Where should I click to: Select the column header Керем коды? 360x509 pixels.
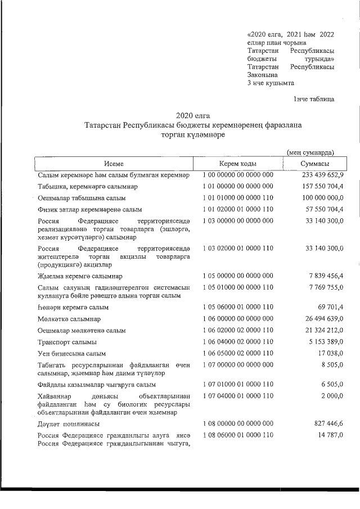click(238, 163)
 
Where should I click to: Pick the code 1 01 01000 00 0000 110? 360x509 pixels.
click(238, 198)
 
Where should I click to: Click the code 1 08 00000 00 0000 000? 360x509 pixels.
click(238, 423)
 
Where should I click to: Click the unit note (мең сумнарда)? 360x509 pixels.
click(310, 152)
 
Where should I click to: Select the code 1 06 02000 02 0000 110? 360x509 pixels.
click(238, 331)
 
